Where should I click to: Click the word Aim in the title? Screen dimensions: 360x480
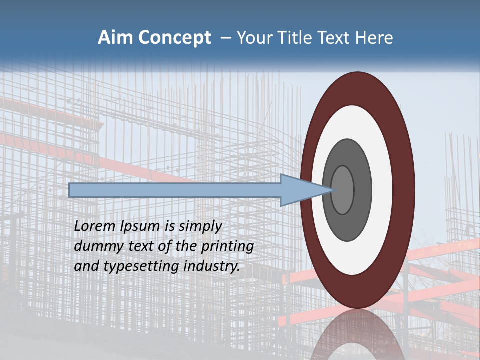(114, 38)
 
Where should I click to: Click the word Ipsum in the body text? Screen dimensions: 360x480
(140, 226)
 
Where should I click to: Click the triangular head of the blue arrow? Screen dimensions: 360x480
(300, 190)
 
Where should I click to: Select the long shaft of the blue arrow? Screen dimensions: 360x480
(175, 190)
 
